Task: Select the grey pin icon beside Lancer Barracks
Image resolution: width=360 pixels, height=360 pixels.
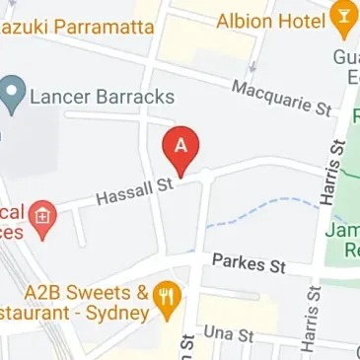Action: point(14,96)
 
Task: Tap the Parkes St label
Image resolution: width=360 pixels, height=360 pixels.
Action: point(249,264)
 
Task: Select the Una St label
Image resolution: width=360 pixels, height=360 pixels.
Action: point(229,334)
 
